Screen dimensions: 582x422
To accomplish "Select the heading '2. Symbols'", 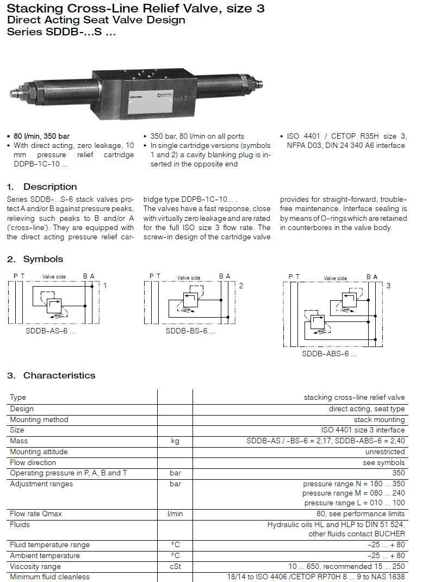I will point(35,259).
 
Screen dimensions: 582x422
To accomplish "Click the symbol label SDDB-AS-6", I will point(50,330).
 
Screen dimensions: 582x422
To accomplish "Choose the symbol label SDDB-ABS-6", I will point(329,354).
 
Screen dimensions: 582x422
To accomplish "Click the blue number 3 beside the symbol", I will point(388,286).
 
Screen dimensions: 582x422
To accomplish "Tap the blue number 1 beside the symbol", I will point(105,285).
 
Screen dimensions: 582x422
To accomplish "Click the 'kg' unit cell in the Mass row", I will point(175,441).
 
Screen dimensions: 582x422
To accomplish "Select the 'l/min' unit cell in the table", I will point(175,513).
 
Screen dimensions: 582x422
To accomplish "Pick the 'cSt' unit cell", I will point(175,566).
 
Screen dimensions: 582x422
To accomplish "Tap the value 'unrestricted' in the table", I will point(385,451).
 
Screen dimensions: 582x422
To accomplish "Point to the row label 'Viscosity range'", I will point(35,566).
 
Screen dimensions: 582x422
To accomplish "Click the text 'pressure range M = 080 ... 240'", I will point(353,493).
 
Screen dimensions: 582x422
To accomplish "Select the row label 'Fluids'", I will point(20,524).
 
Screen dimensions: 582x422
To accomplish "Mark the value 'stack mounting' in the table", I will point(379,419).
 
